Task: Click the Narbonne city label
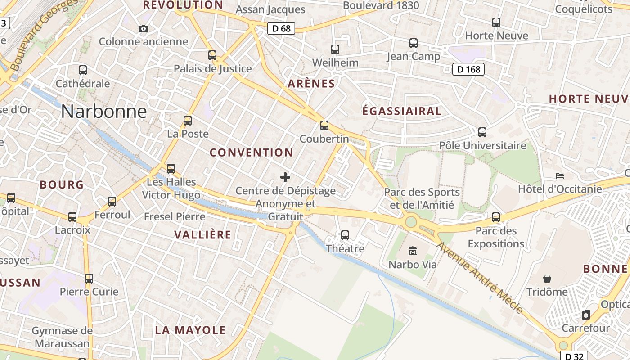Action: pyautogui.click(x=104, y=111)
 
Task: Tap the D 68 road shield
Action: pyautogui.click(x=281, y=28)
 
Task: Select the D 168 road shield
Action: pyautogui.click(x=468, y=69)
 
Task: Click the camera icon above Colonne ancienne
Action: pyautogui.click(x=144, y=28)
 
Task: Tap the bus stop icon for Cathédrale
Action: pyautogui.click(x=83, y=70)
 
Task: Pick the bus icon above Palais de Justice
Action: pyautogui.click(x=212, y=55)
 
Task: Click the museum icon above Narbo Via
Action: pyautogui.click(x=413, y=251)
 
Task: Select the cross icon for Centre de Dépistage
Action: pyautogui.click(x=285, y=177)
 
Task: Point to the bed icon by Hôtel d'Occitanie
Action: pyautogui.click(x=560, y=175)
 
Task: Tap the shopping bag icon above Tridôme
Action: pyautogui.click(x=547, y=279)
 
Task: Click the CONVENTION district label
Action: pyautogui.click(x=252, y=153)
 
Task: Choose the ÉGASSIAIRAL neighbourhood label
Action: pyautogui.click(x=402, y=111)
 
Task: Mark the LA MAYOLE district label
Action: pyautogui.click(x=190, y=330)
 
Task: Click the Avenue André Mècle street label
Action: pyautogui.click(x=480, y=278)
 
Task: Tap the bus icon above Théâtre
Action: pyautogui.click(x=345, y=235)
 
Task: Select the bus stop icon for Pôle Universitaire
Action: pyautogui.click(x=482, y=132)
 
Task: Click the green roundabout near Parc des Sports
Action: pyautogui.click(x=410, y=221)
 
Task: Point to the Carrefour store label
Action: pyautogui.click(x=585, y=328)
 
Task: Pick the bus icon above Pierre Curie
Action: pyautogui.click(x=89, y=279)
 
